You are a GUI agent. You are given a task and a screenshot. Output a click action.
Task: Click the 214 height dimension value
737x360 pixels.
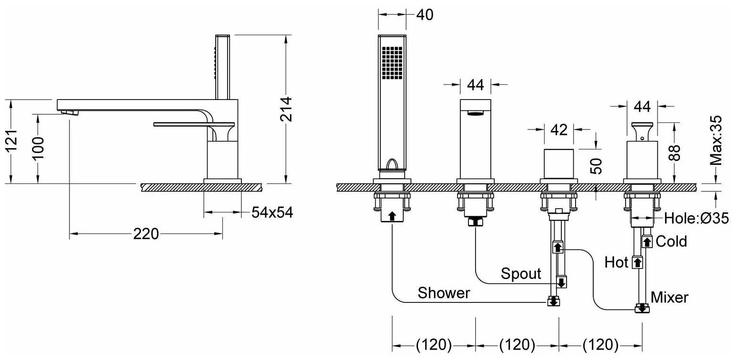[x=286, y=109]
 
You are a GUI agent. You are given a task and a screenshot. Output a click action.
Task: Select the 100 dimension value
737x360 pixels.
[x=40, y=148]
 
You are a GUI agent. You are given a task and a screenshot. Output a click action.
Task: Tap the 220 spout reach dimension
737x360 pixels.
[x=146, y=234]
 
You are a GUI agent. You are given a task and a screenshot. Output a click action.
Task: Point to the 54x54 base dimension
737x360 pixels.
[x=272, y=213]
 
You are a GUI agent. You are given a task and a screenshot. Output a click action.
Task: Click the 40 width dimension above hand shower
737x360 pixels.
[x=424, y=15]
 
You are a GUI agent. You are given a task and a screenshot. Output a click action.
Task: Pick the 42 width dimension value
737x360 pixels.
[x=559, y=130]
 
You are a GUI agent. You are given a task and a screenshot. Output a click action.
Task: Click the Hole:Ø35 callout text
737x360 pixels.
[x=697, y=219]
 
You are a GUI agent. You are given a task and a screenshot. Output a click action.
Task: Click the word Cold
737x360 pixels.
[x=671, y=241]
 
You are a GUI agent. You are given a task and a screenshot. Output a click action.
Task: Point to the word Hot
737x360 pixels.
[x=617, y=262]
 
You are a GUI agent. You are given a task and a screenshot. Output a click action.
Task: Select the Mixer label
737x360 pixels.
[x=669, y=298]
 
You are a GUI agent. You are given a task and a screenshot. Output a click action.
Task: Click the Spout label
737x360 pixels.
[x=521, y=274]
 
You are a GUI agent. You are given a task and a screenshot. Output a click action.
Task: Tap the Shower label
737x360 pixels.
[x=444, y=293]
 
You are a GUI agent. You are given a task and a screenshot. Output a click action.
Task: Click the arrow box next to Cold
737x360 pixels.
[x=647, y=242]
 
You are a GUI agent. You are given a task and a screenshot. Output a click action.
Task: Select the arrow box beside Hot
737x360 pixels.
[x=637, y=262]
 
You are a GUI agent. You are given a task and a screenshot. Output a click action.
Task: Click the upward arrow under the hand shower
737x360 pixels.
[x=391, y=216]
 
